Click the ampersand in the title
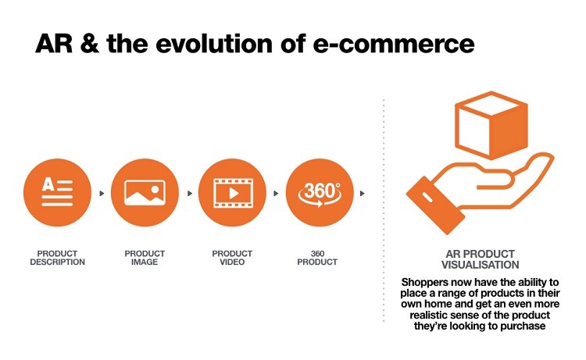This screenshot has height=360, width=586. click(90, 43)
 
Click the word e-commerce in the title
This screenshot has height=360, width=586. click(394, 44)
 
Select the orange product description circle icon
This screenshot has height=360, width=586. click(57, 193)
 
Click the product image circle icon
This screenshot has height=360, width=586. click(145, 193)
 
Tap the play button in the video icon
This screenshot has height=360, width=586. click(234, 194)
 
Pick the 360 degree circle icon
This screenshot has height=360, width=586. click(320, 193)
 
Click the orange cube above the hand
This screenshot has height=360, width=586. click(491, 125)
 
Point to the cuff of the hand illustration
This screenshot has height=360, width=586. click(435, 205)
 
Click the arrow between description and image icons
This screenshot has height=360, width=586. click(102, 194)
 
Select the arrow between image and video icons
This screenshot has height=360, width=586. click(190, 194)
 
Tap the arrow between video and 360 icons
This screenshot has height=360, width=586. click(276, 194)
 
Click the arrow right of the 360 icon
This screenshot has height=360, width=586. click(362, 194)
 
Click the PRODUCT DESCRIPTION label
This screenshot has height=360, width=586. click(58, 258)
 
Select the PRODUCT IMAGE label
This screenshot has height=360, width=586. click(145, 258)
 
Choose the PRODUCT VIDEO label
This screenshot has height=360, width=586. click(232, 258)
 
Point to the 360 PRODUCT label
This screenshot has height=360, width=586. click(317, 258)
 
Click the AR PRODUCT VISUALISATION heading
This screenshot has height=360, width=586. click(481, 259)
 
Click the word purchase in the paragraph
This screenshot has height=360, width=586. click(523, 326)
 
